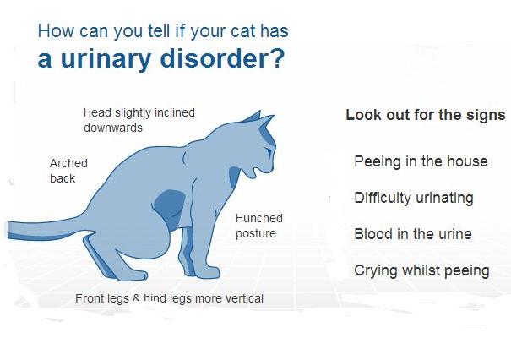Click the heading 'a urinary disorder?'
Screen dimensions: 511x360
(x=161, y=58)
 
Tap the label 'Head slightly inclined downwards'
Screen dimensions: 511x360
(x=139, y=120)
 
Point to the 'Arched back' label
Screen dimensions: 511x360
(x=68, y=171)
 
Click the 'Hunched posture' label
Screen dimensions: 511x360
(x=259, y=226)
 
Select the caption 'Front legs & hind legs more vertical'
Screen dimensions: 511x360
(x=170, y=298)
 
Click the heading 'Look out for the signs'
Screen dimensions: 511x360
(x=426, y=115)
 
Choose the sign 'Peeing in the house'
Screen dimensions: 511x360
(x=421, y=161)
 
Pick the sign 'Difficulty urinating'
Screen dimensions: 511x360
(x=414, y=198)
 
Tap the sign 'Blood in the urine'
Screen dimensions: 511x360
(x=413, y=234)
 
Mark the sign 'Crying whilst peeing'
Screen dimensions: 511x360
(x=421, y=270)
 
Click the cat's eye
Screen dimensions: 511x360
(x=269, y=151)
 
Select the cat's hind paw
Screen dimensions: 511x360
(x=133, y=275)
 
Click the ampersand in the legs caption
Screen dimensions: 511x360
(x=136, y=297)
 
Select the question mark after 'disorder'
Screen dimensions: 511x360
(x=278, y=58)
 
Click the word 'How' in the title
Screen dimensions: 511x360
(x=56, y=31)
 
